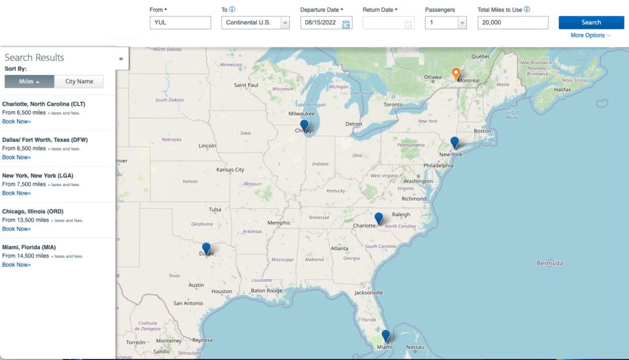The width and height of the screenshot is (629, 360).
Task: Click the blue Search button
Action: [x=591, y=23]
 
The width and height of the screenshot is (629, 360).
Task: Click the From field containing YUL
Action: [x=180, y=23]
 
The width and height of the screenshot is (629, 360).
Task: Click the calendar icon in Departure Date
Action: [x=346, y=24]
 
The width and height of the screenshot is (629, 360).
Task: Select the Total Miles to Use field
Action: [x=512, y=23]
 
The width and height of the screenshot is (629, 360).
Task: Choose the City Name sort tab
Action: [x=79, y=82]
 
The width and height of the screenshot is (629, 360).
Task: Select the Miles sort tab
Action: [x=29, y=82]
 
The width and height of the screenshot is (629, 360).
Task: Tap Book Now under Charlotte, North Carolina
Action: [x=17, y=122]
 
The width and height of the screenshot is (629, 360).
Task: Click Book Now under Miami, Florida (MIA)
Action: [x=17, y=265]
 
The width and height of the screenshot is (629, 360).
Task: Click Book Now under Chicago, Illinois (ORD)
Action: [x=17, y=229]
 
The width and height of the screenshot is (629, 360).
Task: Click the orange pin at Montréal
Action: [x=456, y=74]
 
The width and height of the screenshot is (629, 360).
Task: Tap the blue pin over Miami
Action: [x=386, y=335]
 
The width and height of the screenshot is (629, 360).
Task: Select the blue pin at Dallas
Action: [x=206, y=248]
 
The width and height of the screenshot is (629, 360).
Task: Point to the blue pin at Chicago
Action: [x=304, y=125]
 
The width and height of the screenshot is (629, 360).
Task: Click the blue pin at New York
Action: [x=455, y=143]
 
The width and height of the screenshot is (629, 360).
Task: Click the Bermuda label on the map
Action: [x=549, y=264]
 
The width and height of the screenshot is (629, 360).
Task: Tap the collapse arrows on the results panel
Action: [x=121, y=58]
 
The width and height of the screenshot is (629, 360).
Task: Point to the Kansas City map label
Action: [x=230, y=170]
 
